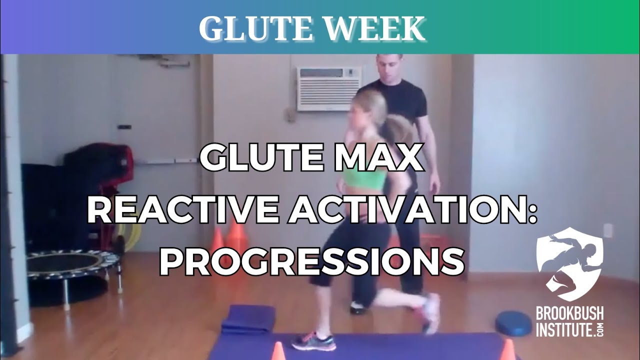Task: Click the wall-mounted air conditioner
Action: [x=328, y=88]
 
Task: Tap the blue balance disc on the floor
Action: [x=513, y=323]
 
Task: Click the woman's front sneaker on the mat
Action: [x=313, y=341]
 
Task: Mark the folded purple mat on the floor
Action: [x=248, y=319]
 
